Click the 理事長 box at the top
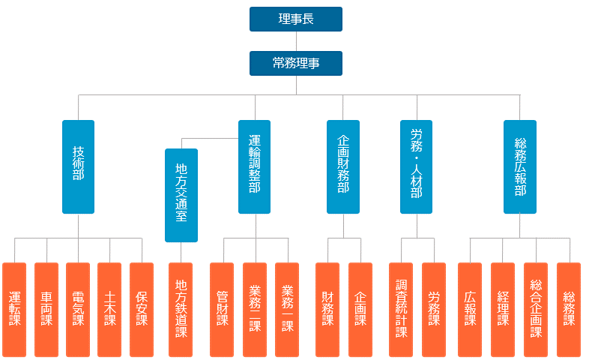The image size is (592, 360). point(296,19)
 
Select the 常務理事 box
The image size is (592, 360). point(296,63)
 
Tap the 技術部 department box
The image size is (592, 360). point(78,166)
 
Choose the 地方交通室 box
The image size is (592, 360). point(181,195)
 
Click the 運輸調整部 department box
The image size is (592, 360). point(255,166)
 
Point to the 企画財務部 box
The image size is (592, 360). point(343,166)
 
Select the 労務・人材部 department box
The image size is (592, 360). point(417,166)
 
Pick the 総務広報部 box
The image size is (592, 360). point(520,166)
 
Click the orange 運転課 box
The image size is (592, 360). point(14,309)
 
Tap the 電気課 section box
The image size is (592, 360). point(78,309)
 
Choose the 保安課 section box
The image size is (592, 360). point(142,309)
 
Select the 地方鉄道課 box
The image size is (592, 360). point(181,309)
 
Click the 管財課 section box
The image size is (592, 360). point(222,309)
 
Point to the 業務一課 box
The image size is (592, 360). point(287,309)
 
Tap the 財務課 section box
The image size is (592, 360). point(327,309)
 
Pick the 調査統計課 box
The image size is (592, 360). point(401,309)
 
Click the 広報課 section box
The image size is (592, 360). point(470,309)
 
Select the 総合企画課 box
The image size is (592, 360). point(536,309)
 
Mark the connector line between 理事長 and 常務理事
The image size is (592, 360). point(296,41)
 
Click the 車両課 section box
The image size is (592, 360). point(46,309)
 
